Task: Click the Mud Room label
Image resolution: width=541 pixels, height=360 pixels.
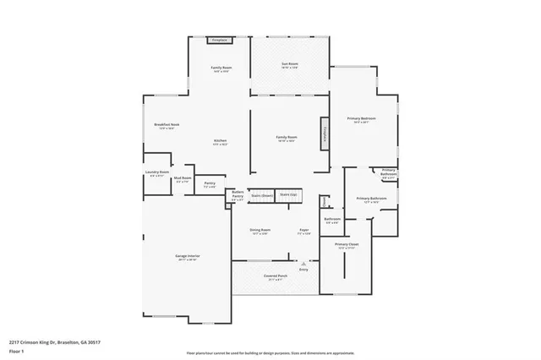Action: coord(182,178)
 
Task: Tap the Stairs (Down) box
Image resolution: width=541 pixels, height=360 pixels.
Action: coord(260,195)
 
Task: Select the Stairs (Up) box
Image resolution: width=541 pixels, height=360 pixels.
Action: coord(289,194)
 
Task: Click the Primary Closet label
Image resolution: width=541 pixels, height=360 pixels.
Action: coord(347,246)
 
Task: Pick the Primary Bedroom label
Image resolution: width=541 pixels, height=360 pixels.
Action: coord(360,119)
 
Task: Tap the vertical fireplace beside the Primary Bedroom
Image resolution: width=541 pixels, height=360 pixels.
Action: coord(323,133)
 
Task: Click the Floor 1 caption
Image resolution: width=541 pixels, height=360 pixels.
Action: coord(16,350)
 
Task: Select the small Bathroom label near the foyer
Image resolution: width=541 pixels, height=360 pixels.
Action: coord(332,218)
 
